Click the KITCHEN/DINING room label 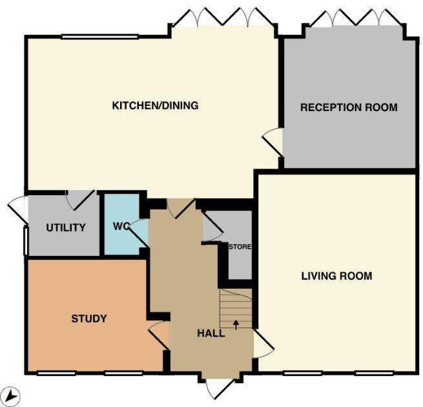[155, 105]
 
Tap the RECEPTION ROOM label [349, 107]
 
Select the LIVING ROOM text [336, 276]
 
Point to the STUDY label [89, 318]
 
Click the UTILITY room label [66, 228]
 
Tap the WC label [121, 226]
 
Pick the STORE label [240, 247]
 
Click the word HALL [211, 333]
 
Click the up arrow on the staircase [236, 325]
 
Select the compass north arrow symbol [13, 395]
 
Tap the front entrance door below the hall [220, 389]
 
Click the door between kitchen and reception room [273, 142]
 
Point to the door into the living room [263, 344]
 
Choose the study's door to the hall [159, 335]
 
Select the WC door [139, 233]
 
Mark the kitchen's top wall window [100, 37]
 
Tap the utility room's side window [26, 241]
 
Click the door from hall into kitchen [181, 208]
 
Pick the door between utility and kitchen [80, 200]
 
